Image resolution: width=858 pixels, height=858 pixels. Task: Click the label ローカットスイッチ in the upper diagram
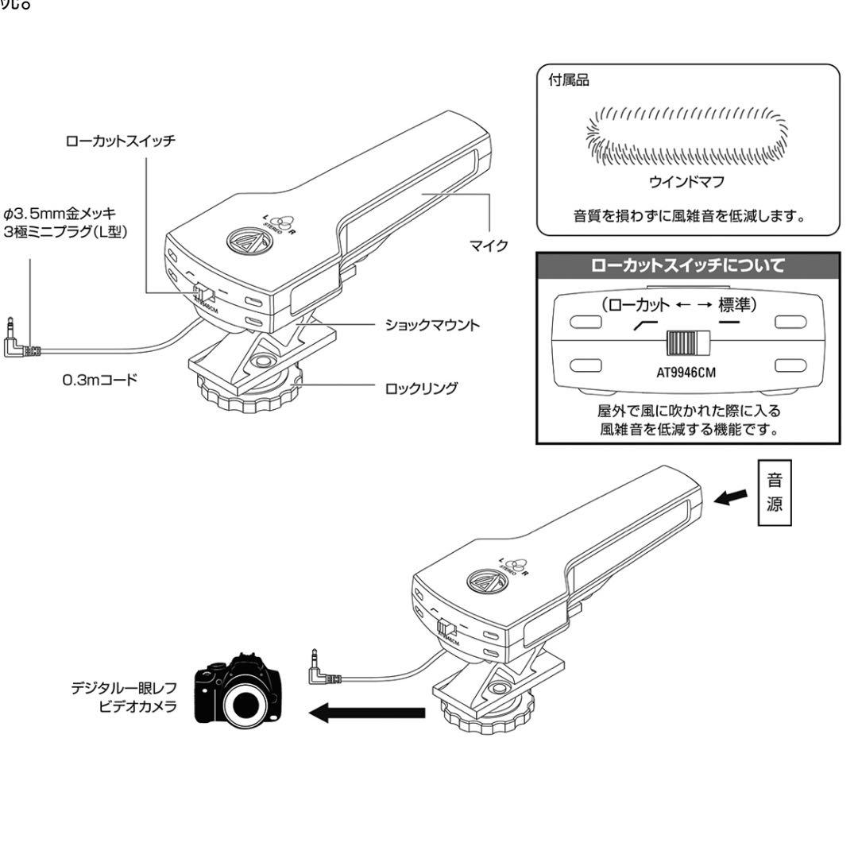(121, 141)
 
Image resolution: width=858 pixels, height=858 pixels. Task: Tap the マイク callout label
(492, 245)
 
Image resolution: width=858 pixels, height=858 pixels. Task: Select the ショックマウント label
(431, 326)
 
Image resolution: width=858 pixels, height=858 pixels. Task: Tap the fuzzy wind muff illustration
(688, 131)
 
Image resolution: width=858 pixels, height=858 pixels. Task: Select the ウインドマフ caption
(687, 182)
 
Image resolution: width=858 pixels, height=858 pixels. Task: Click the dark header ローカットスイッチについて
(687, 265)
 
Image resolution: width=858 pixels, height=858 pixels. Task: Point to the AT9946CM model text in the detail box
(687, 373)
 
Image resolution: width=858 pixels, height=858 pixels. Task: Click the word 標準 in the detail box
(737, 304)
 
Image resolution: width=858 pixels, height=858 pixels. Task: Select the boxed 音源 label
(775, 493)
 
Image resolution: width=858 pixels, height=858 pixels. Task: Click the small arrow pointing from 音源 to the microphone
(732, 497)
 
